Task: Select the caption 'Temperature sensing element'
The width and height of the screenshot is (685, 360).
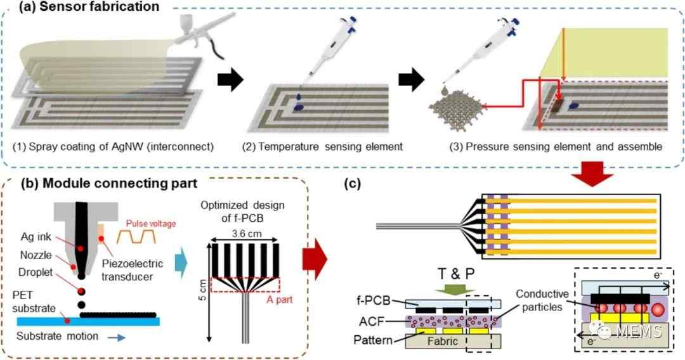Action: pos(330,146)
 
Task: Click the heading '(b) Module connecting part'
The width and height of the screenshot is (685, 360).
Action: pos(109,183)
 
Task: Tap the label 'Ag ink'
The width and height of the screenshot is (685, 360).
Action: pos(36,237)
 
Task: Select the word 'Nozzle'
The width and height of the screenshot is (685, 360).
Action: pos(36,254)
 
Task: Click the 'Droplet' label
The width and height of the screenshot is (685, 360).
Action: pos(36,272)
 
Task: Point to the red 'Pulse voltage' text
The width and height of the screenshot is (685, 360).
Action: pos(151,224)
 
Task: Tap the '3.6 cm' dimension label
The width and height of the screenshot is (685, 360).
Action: pos(247,233)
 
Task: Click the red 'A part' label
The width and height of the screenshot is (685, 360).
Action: pos(280,299)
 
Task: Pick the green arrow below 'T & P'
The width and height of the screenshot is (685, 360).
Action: pos(455,290)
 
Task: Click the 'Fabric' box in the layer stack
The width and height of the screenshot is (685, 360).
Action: pos(443,341)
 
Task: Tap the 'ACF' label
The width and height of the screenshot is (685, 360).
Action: pos(371,321)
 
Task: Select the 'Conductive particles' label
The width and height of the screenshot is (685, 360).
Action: pos(542,300)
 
